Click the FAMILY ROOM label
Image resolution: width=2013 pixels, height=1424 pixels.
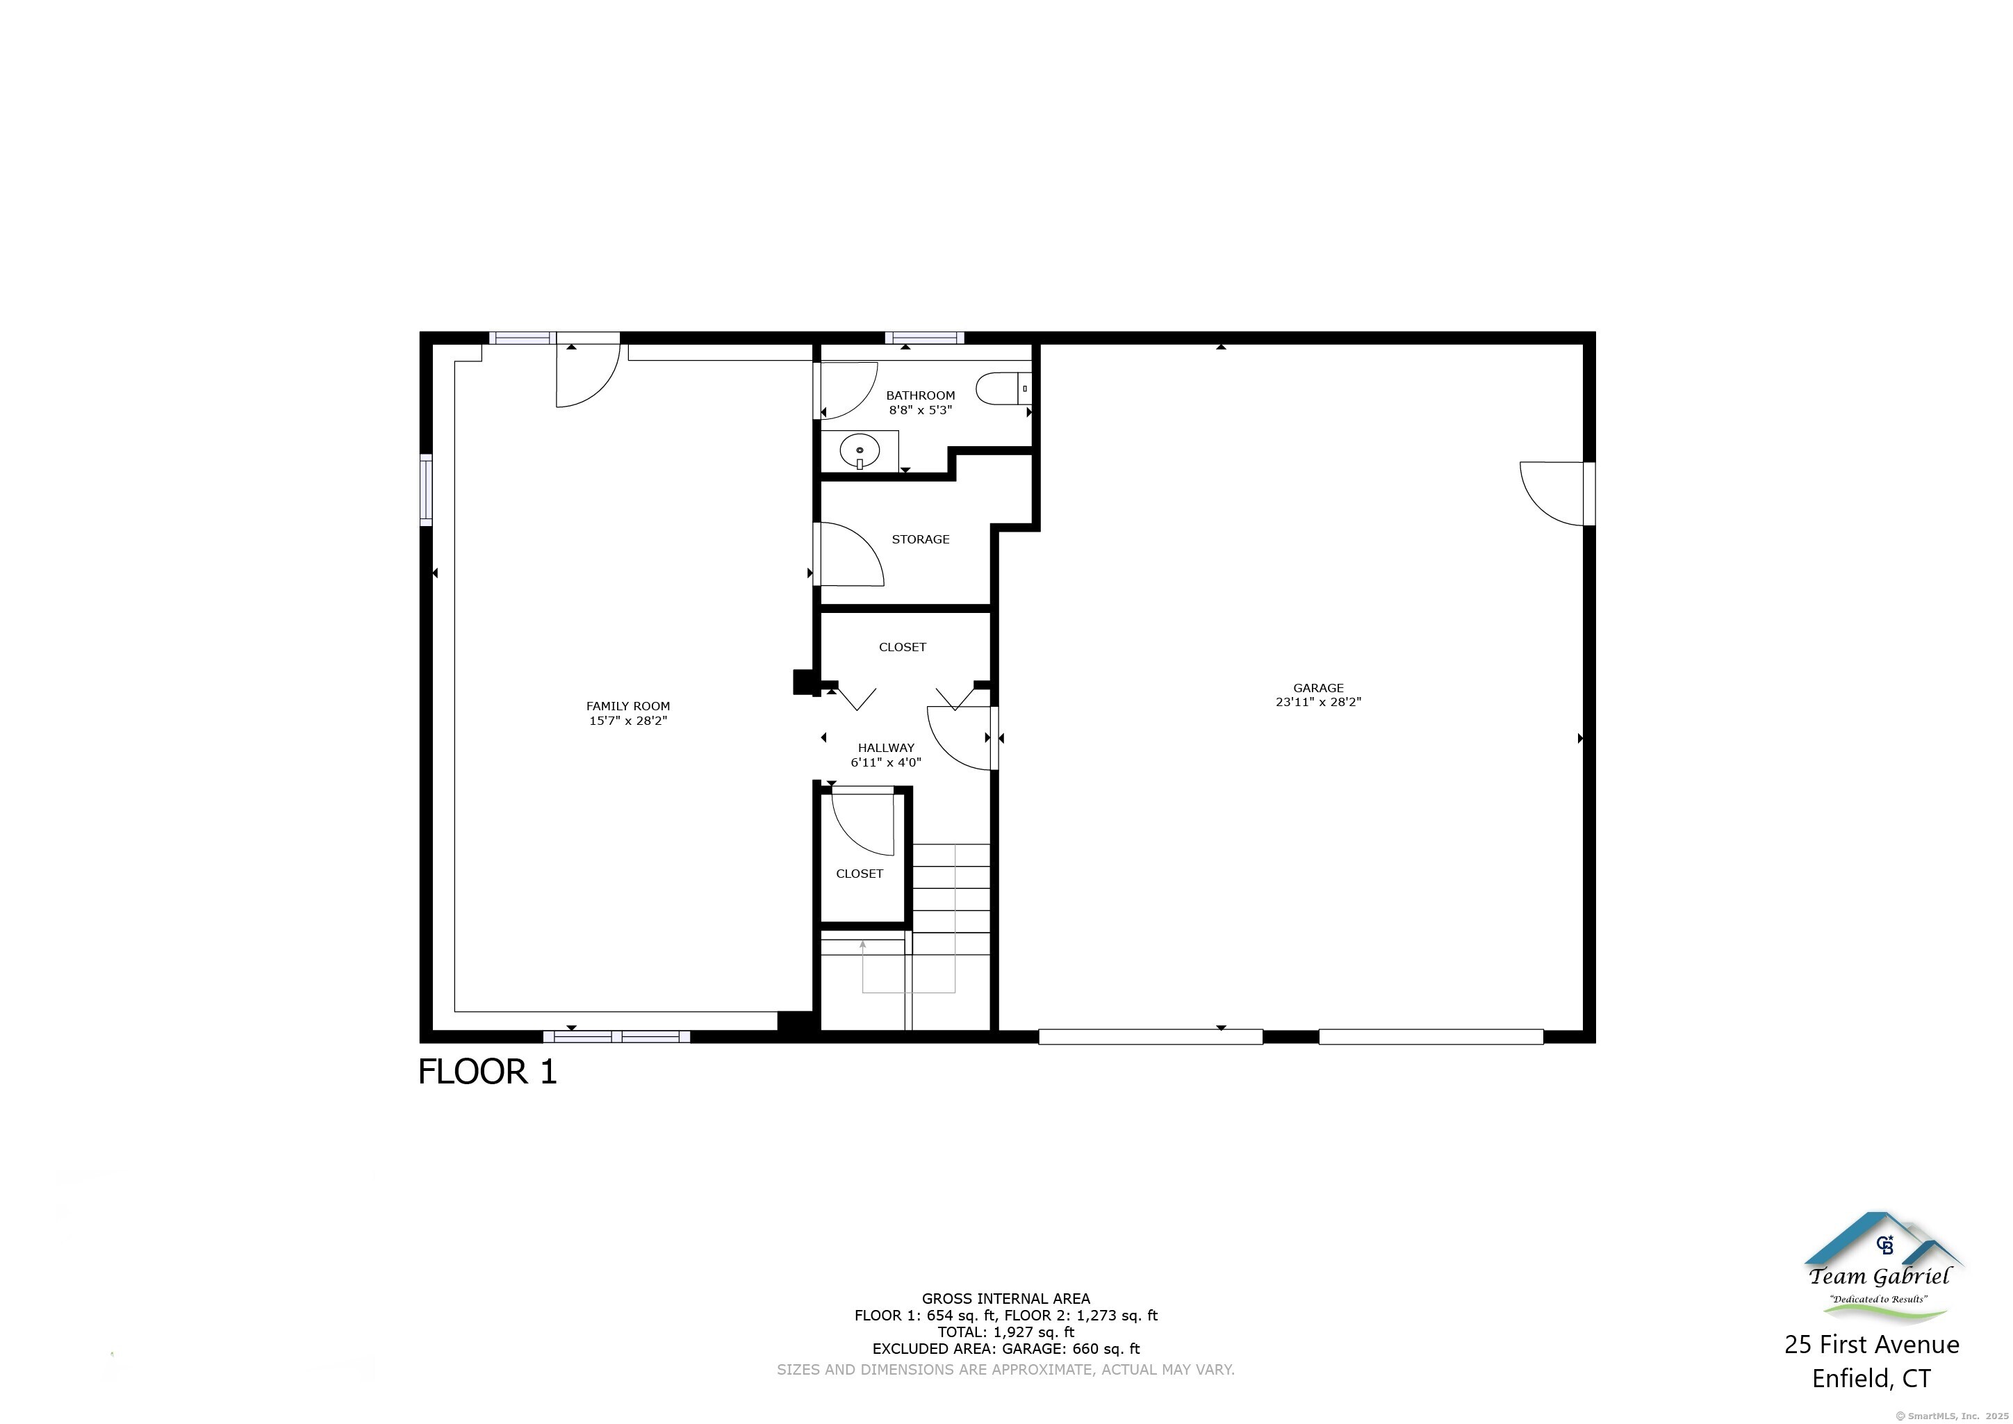(627, 706)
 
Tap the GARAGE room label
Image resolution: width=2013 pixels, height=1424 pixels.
(1317, 688)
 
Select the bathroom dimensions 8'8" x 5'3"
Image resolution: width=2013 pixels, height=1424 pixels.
(920, 409)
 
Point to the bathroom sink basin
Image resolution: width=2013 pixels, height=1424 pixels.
(860, 452)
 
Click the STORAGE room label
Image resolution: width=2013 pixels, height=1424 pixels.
(921, 539)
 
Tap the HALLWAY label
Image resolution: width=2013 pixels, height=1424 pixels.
(885, 748)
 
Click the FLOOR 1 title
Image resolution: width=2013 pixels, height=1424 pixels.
(488, 1072)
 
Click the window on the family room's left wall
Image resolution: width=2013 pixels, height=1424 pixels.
(426, 489)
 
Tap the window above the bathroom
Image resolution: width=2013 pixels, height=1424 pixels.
(924, 338)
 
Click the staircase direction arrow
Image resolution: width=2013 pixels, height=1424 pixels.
(864, 945)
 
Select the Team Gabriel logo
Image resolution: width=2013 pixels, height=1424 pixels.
(1880, 1270)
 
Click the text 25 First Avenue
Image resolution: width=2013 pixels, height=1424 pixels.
(1871, 1344)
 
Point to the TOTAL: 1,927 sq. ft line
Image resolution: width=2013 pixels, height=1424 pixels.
(1005, 1332)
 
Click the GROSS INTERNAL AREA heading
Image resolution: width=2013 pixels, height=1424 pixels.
(1005, 1299)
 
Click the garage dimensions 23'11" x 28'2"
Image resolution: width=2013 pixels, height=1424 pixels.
(1317, 703)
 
